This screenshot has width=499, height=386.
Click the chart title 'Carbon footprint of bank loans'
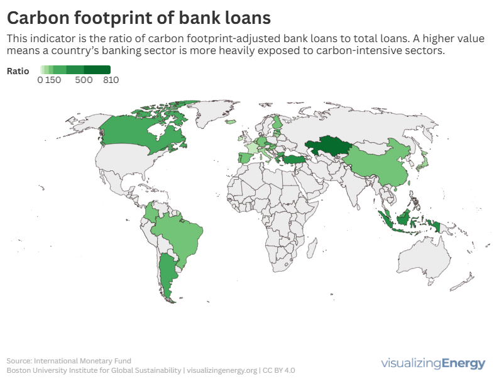point(139,17)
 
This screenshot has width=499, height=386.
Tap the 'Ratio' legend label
point(18,71)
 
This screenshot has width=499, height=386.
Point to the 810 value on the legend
point(111,80)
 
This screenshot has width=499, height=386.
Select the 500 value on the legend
point(84,80)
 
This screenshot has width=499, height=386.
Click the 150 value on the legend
point(53,80)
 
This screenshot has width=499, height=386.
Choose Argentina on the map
point(166,274)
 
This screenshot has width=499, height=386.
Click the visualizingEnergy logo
point(433,363)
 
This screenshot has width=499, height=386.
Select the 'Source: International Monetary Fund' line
point(69,361)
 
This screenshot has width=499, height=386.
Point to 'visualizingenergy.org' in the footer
point(222,370)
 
